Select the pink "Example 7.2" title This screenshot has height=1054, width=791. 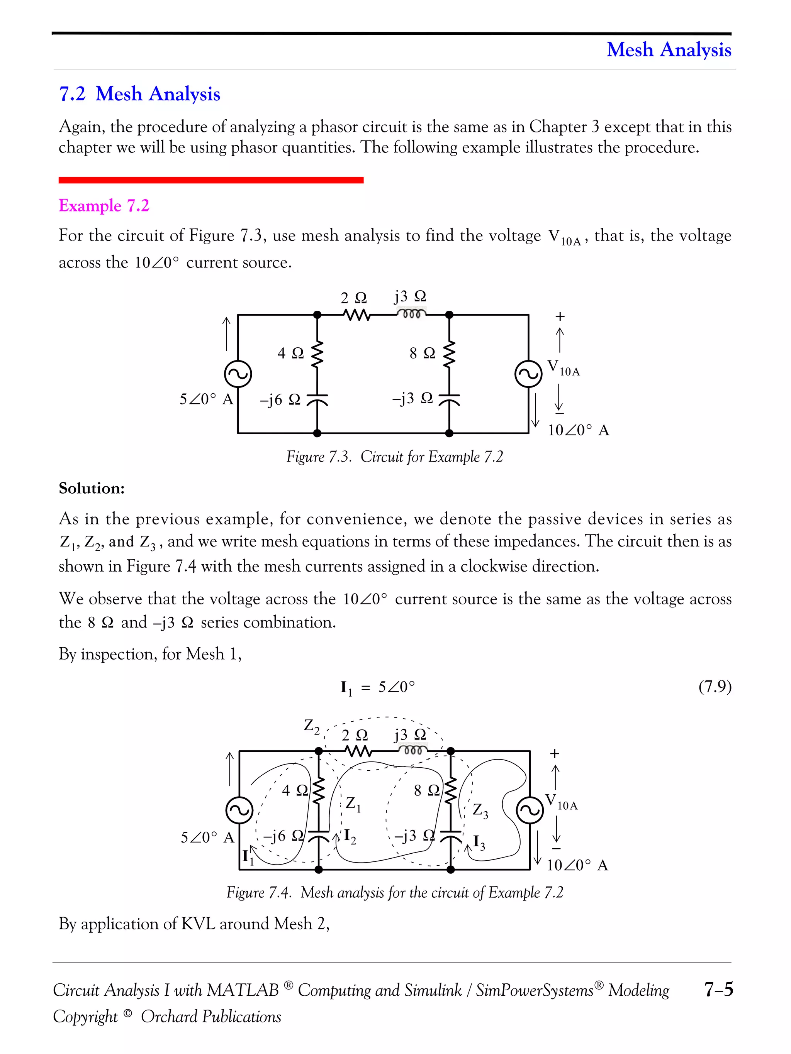tap(104, 206)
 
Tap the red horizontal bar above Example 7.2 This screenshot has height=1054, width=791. tap(211, 180)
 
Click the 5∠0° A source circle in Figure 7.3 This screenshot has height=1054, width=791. tap(238, 374)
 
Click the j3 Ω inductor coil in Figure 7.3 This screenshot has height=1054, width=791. tap(411, 315)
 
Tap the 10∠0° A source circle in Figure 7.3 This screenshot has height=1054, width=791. tap(528, 374)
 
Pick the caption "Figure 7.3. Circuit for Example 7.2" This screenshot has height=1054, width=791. tap(394, 457)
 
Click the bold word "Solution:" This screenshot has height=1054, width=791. tap(92, 488)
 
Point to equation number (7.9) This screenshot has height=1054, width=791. tap(714, 687)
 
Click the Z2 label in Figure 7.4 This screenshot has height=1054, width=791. tap(311, 726)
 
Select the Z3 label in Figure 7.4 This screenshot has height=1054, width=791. tap(480, 810)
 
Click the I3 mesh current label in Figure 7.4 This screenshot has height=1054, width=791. tap(479, 843)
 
